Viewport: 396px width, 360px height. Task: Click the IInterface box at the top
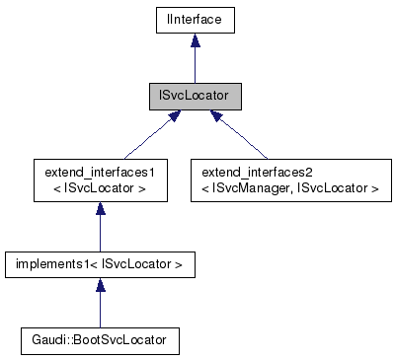coord(194,18)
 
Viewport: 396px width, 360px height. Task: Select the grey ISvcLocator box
coord(194,98)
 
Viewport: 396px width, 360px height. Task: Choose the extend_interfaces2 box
coord(285,179)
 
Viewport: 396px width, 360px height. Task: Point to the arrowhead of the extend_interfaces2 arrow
coord(216,118)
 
